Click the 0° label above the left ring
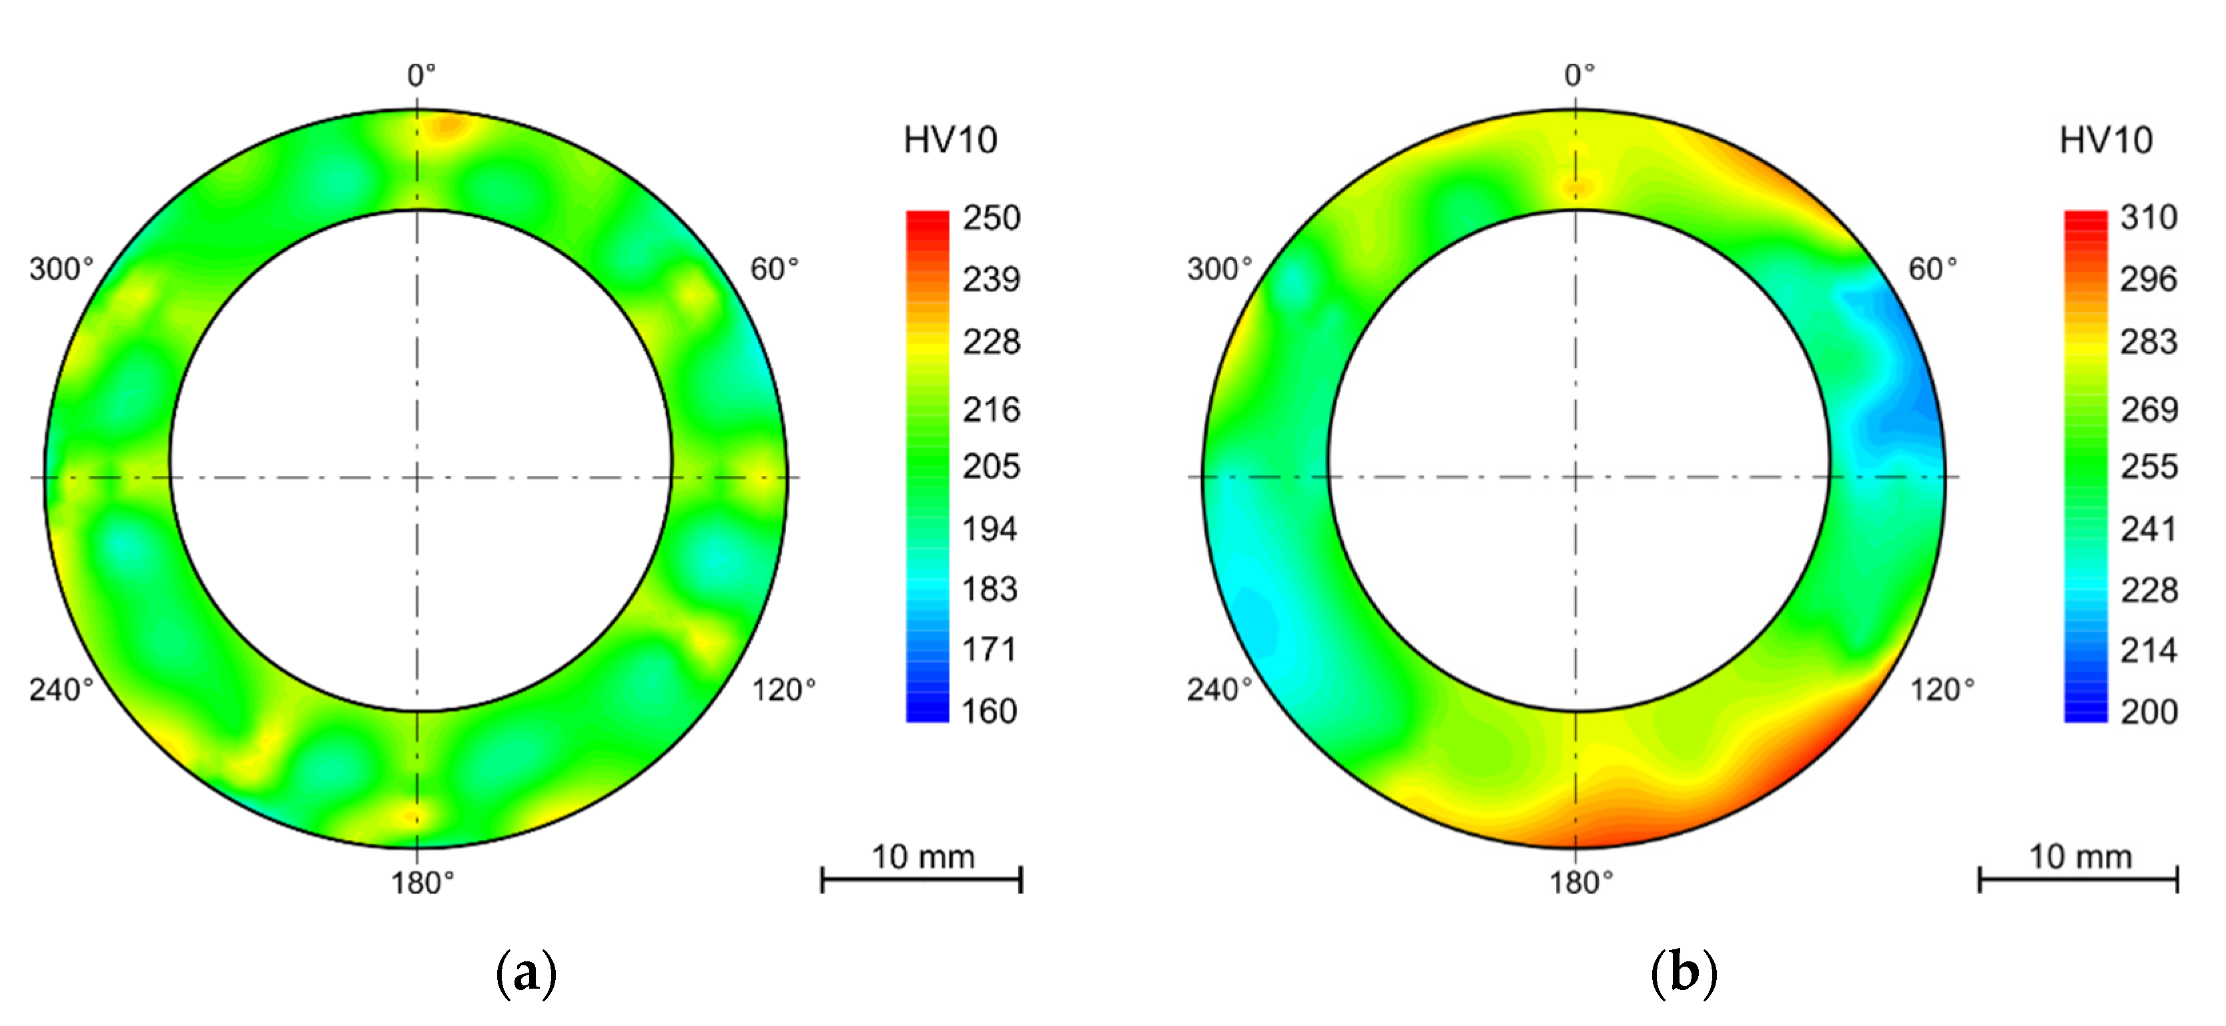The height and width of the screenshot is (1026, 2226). [x=422, y=76]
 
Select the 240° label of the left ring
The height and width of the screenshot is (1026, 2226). [x=61, y=689]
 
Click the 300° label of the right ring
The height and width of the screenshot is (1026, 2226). [x=1219, y=269]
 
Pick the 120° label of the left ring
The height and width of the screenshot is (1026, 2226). [x=783, y=689]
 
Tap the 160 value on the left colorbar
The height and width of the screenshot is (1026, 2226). [x=990, y=711]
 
